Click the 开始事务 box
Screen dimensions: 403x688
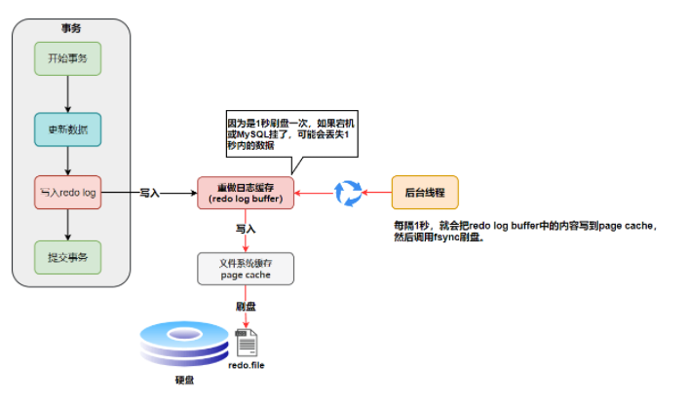pyautogui.click(x=67, y=58)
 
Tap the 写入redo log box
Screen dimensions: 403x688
pyautogui.click(x=67, y=193)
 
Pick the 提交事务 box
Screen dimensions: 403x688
pyautogui.click(x=67, y=257)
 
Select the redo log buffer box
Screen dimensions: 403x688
pyautogui.click(x=246, y=193)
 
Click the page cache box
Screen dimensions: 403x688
pyautogui.click(x=246, y=269)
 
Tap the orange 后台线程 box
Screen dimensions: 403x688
pyautogui.click(x=424, y=193)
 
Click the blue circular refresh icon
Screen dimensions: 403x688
pyautogui.click(x=348, y=193)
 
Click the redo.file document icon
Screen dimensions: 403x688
pyautogui.click(x=247, y=342)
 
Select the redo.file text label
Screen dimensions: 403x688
pyautogui.click(x=247, y=366)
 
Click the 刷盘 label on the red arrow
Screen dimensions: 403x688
pyautogui.click(x=246, y=306)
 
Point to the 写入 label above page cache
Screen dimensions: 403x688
pyautogui.click(x=246, y=230)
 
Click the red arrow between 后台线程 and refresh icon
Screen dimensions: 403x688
pyautogui.click(x=376, y=193)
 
